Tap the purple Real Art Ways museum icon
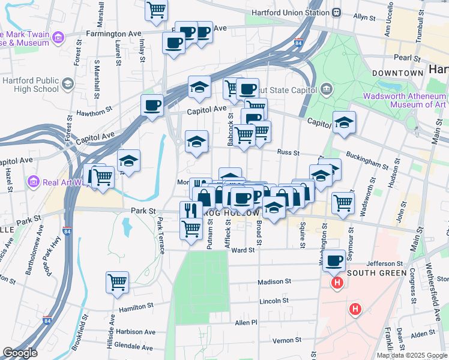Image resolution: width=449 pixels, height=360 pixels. coord(34,182)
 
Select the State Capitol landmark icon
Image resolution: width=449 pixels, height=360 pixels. coord(327,89)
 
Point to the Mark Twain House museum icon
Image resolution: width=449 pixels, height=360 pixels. coord(58,38)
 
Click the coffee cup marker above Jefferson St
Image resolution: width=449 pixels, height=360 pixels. coord(334,260)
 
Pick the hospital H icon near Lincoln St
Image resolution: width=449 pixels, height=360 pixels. coord(355,310)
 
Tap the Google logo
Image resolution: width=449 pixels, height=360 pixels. coord(20,353)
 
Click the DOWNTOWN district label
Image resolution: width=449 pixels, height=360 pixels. coord(398,73)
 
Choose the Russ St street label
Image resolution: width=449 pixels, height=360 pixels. coord(288,153)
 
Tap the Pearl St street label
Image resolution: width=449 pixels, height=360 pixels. coord(407,58)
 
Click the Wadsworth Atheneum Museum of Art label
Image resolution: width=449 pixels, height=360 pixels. coord(404,100)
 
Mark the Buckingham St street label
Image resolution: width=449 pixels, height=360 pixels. coord(367,162)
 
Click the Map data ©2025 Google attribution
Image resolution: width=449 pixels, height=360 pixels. coord(411,355)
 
